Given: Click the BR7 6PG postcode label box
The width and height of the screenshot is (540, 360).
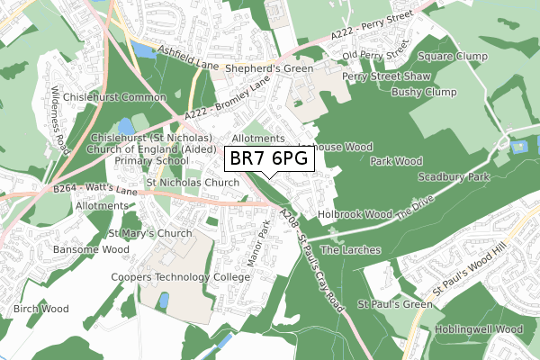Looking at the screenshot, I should click(269, 159).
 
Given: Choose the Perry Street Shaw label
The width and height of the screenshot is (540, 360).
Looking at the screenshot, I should click(387, 76).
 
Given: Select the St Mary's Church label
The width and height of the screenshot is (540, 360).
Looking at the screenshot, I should click(150, 233).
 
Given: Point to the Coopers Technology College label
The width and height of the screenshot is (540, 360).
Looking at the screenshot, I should click(179, 277).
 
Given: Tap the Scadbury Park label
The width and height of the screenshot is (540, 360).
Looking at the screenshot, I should click(454, 177).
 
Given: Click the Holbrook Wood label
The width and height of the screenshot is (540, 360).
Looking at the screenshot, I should click(355, 215).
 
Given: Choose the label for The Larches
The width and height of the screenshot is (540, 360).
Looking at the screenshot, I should click(350, 249).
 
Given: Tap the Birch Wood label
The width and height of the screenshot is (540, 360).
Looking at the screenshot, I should click(40, 309).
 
